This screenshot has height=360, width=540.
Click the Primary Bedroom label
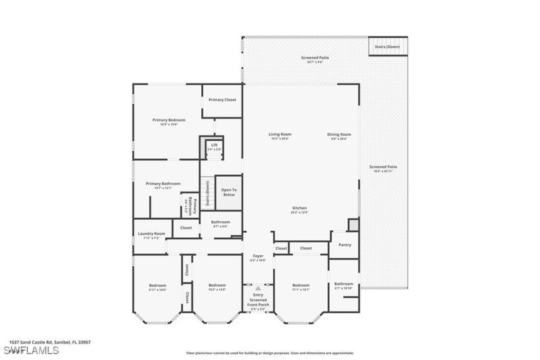(168, 120)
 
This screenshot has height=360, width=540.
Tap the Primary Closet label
(222, 100)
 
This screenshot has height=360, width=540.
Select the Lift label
(215, 145)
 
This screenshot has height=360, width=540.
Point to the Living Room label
(280, 134)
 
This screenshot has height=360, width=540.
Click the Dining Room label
(341, 134)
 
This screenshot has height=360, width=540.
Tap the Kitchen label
(300, 208)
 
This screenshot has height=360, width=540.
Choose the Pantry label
(344, 245)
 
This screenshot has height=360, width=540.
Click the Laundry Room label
(152, 234)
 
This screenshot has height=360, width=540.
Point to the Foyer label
(258, 256)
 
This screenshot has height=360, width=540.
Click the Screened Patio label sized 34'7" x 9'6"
(315, 59)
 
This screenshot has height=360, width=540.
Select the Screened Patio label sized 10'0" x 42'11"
(383, 167)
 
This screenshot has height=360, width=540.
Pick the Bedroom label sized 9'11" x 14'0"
(157, 285)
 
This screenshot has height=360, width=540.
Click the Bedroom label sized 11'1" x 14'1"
(301, 285)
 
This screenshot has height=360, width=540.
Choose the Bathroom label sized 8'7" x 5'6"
(220, 223)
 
